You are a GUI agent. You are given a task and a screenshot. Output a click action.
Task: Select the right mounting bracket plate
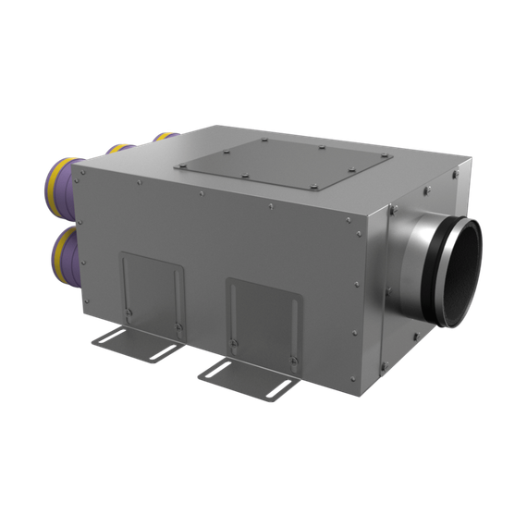(263, 318)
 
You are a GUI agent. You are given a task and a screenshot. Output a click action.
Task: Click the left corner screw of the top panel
(181, 166)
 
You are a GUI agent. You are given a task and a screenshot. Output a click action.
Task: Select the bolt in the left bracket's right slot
(178, 325)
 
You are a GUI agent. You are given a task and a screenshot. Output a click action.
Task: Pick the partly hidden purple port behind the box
(120, 147)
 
